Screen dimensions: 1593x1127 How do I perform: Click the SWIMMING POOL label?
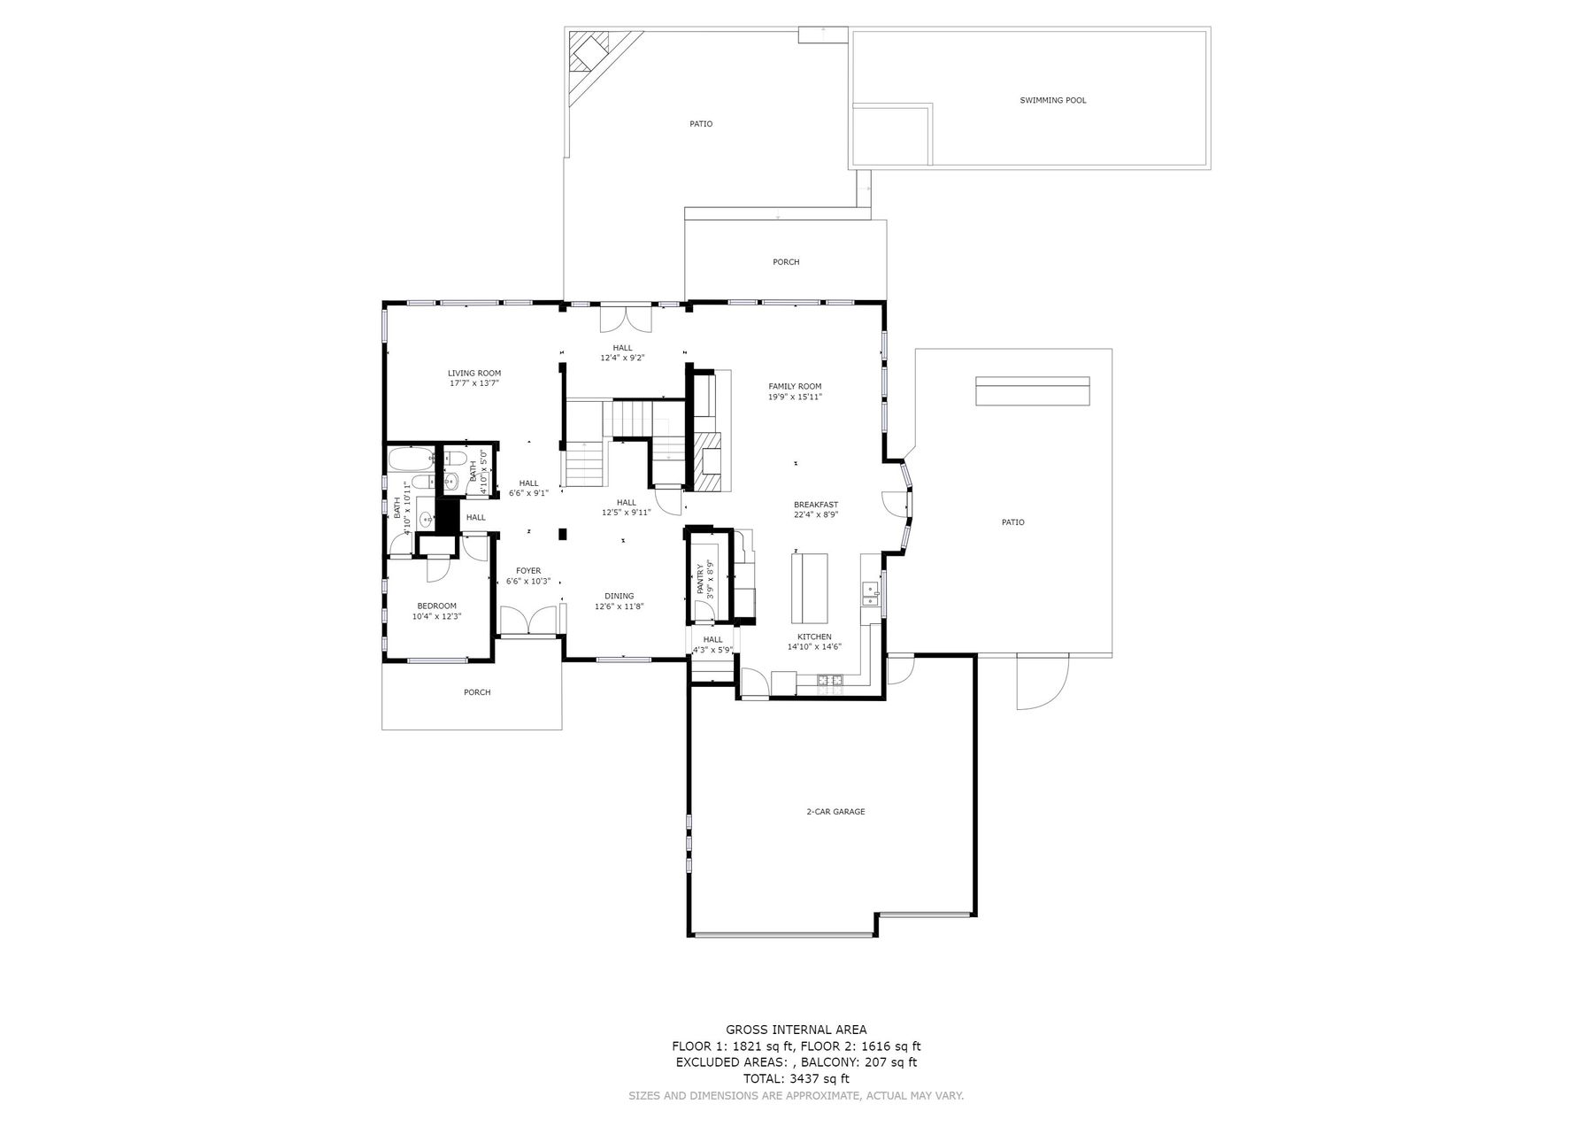pos(1052,101)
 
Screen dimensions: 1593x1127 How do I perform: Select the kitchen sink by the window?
pos(870,593)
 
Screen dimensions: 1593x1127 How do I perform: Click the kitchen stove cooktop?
pos(830,680)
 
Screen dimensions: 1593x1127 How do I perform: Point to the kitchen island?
pos(810,588)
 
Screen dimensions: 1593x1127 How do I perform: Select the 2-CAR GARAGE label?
pos(835,812)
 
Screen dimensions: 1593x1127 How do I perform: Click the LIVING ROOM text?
pos(474,374)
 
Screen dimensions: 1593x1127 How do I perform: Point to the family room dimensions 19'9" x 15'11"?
pos(795,398)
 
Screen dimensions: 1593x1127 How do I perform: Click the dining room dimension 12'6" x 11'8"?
pos(619,606)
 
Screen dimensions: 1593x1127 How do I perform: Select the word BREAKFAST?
pos(815,505)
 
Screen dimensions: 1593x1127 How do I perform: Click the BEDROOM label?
pos(436,606)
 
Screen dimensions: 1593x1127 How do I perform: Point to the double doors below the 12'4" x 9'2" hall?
pos(626,319)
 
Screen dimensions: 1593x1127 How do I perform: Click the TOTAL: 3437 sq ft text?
pos(796,1078)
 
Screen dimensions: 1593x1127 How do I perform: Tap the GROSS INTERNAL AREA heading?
pos(796,1030)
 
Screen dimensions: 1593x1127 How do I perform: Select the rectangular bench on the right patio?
pos(1032,391)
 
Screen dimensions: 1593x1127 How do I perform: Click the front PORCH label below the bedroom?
pos(477,692)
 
